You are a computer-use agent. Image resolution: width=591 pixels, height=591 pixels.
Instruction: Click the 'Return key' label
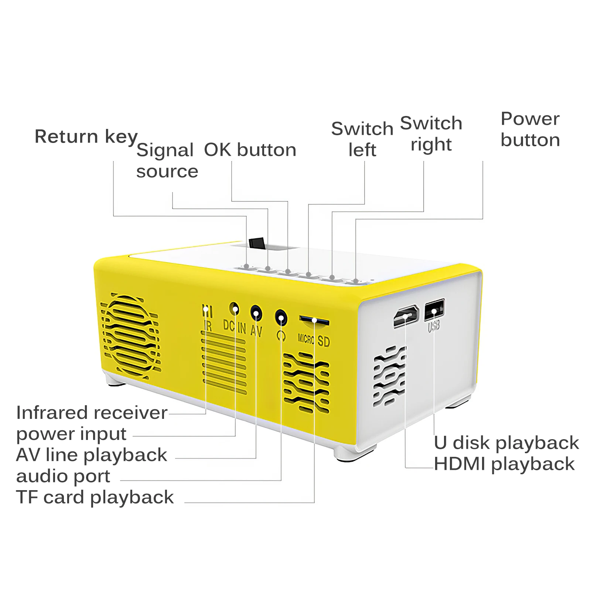click(x=86, y=137)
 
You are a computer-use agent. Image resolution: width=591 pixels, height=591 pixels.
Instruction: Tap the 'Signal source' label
click(x=167, y=161)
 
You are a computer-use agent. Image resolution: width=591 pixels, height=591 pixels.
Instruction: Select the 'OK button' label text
click(x=250, y=150)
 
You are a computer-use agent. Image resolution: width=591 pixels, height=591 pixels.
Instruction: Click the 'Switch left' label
click(x=362, y=139)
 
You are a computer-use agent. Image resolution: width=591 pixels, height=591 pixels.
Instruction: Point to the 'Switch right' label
click(x=431, y=134)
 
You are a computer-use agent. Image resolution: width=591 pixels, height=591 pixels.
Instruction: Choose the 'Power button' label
click(x=530, y=129)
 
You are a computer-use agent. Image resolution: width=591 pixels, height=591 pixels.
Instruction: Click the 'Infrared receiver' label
click(x=92, y=413)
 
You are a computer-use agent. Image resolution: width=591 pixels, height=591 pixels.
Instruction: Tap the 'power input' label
click(x=71, y=434)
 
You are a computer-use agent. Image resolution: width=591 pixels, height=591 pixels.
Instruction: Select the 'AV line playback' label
click(x=92, y=455)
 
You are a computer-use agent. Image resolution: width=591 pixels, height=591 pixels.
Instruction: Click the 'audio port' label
click(x=63, y=476)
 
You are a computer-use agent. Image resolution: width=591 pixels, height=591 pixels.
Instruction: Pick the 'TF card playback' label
click(x=95, y=497)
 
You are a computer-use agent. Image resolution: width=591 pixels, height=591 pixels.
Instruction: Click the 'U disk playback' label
click(x=506, y=443)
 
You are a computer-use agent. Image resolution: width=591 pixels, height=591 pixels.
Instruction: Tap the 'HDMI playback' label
click(x=504, y=464)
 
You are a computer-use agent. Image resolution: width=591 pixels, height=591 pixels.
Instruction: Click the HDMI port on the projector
click(x=406, y=316)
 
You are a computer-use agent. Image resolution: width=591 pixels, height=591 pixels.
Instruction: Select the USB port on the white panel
click(x=434, y=310)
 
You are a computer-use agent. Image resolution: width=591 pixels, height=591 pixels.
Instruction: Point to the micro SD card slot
click(x=314, y=320)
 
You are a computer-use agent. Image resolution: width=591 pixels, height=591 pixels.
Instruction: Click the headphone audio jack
click(x=281, y=318)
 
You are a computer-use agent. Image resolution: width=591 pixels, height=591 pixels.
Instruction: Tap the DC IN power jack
click(x=234, y=308)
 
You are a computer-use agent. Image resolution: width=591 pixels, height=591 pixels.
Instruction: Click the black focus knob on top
click(x=257, y=243)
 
